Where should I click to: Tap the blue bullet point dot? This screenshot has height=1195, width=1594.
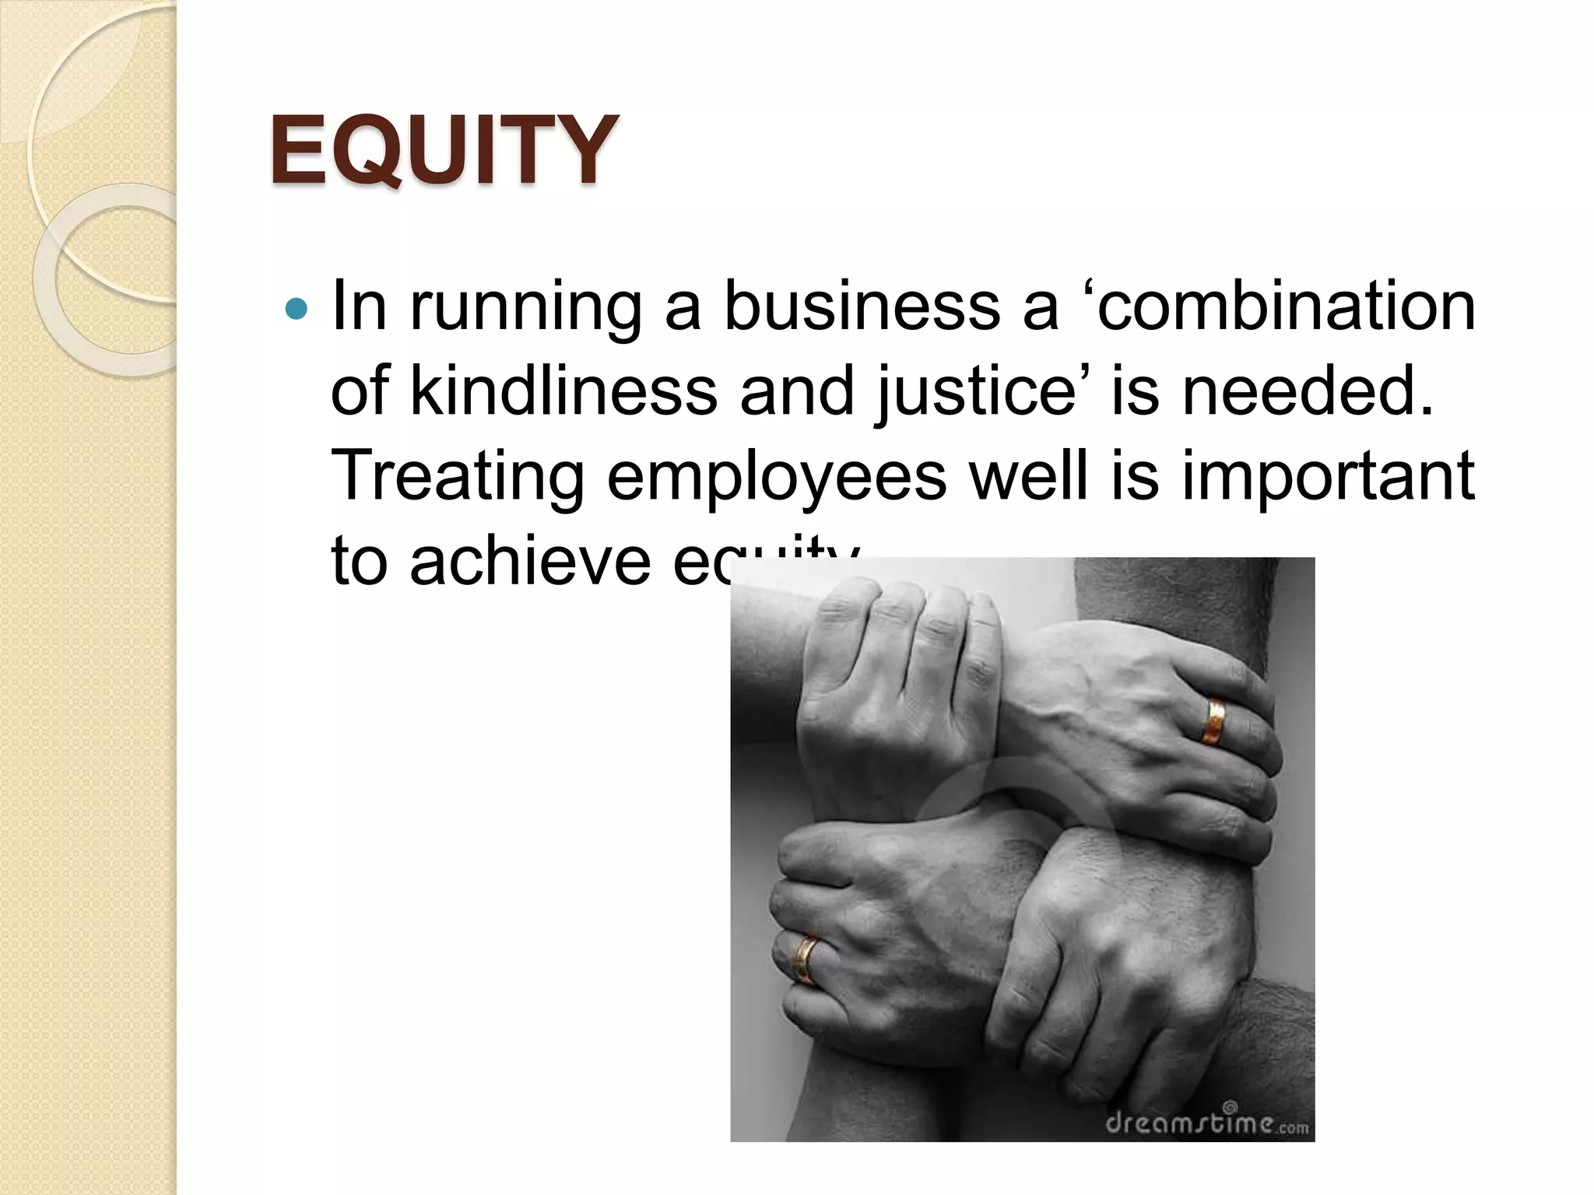[x=297, y=310]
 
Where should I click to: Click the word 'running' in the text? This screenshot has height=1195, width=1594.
[x=526, y=308]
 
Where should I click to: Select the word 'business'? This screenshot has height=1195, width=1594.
[x=862, y=307]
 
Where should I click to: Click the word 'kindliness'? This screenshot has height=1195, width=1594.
[x=564, y=391]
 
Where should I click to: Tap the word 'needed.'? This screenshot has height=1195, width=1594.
[x=1308, y=391]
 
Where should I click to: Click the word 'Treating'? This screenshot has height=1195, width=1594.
[x=458, y=477]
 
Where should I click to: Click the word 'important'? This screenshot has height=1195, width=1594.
[x=1328, y=477]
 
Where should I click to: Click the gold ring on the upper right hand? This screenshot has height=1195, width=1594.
[x=1213, y=722]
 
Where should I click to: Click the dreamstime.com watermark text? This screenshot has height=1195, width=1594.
[x=1206, y=1123]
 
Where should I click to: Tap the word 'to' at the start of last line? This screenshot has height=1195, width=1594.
[x=360, y=562]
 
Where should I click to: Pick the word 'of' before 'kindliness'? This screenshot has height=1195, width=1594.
[x=360, y=391]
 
